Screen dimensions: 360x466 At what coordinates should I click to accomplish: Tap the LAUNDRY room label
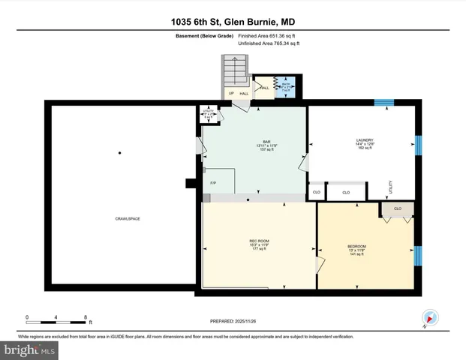click(x=365, y=139)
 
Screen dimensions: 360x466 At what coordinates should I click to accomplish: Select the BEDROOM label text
click(x=356, y=247)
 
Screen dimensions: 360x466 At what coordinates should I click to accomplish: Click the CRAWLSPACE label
click(x=128, y=218)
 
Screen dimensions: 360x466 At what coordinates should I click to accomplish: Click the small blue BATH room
click(x=286, y=87)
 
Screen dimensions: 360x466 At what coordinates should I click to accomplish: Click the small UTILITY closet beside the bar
click(x=209, y=113)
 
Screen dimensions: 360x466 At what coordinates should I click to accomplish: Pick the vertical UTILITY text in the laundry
click(x=390, y=187)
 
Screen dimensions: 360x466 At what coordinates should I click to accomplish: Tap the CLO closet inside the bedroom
click(x=397, y=208)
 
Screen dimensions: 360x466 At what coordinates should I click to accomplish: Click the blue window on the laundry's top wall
click(x=384, y=103)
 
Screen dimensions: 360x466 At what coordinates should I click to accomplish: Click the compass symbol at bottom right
click(x=429, y=319)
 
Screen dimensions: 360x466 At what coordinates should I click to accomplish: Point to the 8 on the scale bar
click(x=86, y=317)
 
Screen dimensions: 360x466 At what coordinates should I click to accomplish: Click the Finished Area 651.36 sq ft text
click(x=269, y=35)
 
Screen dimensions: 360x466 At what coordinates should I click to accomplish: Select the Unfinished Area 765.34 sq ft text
click(x=269, y=44)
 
